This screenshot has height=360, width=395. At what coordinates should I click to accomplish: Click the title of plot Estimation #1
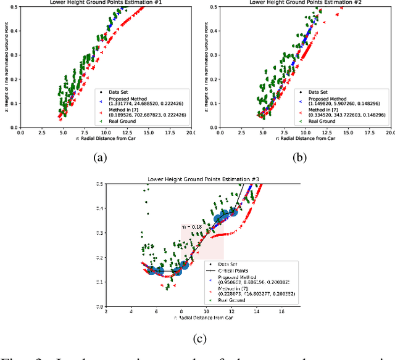click(105, 2)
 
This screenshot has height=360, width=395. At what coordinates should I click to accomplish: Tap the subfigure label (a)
click(99, 157)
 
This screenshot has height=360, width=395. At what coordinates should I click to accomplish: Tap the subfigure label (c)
click(198, 337)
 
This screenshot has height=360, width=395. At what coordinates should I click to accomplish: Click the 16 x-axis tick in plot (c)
click(281, 312)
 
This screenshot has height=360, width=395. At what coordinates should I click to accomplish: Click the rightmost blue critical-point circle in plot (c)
click(233, 212)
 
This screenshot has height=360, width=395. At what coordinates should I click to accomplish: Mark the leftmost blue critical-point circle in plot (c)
click(151, 270)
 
